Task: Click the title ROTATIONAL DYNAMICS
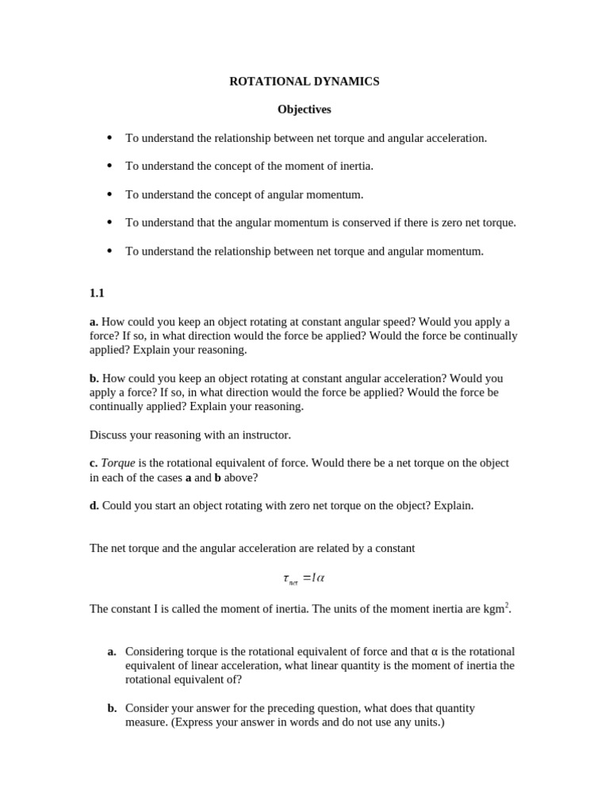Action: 304,82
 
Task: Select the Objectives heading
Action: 304,109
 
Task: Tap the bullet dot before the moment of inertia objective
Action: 109,166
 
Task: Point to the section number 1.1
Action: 97,293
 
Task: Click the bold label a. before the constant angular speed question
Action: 94,322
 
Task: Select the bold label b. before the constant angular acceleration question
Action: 94,378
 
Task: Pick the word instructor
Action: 264,435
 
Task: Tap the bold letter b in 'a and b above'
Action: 217,477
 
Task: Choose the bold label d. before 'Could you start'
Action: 94,506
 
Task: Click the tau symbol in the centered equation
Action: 285,578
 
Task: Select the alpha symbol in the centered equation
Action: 320,578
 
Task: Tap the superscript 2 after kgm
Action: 507,605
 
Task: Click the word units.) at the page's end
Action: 427,722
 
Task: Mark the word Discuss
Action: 109,435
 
